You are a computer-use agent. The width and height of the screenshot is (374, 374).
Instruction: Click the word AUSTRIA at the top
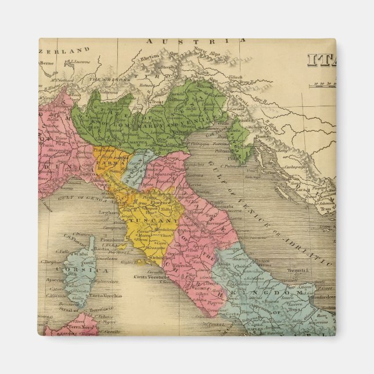[x=195, y=41]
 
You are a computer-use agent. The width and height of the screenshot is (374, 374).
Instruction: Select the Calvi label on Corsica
[x=82, y=253]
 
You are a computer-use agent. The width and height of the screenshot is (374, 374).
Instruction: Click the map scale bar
[x=324, y=85]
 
